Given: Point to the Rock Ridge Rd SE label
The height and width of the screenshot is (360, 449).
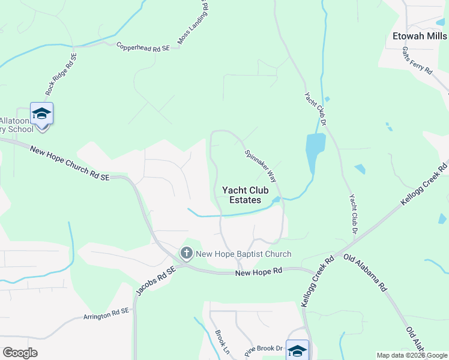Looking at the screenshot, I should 61,75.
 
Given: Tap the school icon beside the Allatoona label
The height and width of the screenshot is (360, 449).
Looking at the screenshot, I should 41,114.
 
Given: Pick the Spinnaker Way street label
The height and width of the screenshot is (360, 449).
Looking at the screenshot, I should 260,165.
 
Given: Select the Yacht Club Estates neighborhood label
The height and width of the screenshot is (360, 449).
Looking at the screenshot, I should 242,195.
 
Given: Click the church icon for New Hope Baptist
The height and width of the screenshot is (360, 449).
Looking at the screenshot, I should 187,254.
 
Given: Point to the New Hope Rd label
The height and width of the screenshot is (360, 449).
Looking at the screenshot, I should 258,272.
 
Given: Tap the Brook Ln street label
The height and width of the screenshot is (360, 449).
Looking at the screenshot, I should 223,340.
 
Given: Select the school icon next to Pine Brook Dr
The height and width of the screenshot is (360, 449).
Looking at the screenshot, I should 297,350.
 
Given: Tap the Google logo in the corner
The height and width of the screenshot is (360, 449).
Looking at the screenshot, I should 20,353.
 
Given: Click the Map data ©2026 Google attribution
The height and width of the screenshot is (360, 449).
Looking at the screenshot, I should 412,355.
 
